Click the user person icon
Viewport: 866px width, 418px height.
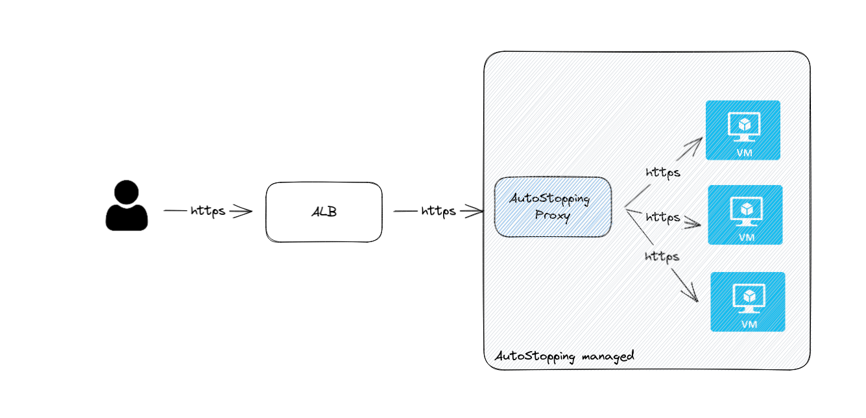tap(126, 206)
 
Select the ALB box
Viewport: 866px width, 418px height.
tap(324, 212)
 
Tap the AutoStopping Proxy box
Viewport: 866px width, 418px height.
tap(553, 206)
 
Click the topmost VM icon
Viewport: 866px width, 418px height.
tap(742, 130)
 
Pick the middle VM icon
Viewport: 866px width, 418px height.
tap(745, 215)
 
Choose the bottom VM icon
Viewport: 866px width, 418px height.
tap(748, 302)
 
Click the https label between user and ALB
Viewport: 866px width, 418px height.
tap(208, 211)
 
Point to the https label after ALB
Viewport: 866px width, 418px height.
tap(439, 211)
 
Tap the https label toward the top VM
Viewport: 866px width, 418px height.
tap(662, 173)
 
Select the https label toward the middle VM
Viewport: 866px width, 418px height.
tap(662, 217)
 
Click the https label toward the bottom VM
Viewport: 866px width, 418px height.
tap(662, 256)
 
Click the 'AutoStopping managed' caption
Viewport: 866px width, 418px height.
tap(564, 356)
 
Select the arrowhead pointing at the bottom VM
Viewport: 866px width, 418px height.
tap(692, 295)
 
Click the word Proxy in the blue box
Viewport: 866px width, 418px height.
tap(553, 215)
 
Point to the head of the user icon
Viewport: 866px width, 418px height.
tap(126, 192)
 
